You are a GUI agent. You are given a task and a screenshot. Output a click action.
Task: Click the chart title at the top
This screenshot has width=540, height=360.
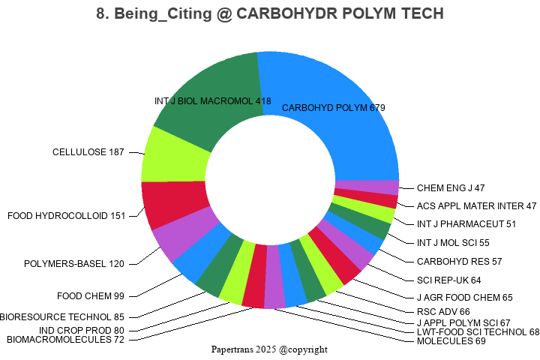pos(270,13)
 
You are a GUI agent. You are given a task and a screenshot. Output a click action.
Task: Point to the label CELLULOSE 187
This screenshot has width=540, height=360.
pos(88,152)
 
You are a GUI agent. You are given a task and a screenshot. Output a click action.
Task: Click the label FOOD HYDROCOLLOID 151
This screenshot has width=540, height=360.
pos(66,216)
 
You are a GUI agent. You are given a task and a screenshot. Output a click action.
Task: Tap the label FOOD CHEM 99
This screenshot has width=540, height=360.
pos(91,295)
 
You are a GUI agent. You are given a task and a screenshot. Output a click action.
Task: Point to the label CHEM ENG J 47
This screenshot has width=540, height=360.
pos(451,187)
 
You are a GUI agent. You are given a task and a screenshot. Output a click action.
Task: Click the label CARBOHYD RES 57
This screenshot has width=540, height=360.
pos(459,262)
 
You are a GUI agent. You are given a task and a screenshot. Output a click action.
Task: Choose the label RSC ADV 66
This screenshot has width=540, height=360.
pos(442,311)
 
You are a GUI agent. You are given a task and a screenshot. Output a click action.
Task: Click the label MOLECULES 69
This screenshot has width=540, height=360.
pos(451,341)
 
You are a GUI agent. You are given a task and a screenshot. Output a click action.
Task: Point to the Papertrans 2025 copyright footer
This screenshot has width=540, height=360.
pos(270,349)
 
